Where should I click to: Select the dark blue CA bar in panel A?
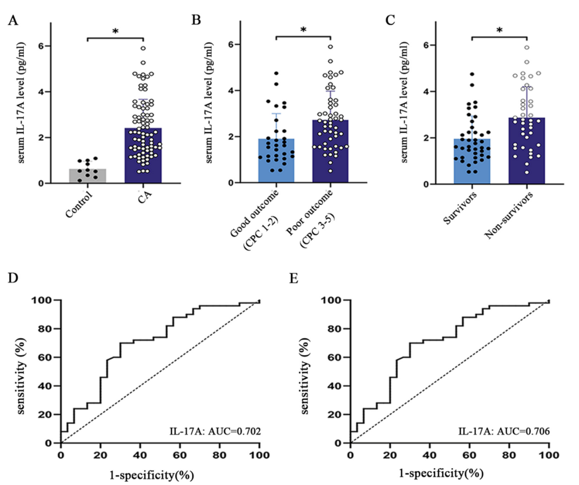point(143,155)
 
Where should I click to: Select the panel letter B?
point(196,20)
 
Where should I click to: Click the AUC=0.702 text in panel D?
point(215,431)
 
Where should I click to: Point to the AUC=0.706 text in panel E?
point(504,431)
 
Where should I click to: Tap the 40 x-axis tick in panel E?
point(430,455)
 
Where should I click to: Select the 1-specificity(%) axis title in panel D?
point(152,475)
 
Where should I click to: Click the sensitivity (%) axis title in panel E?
point(305,376)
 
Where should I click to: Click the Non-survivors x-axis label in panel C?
point(509,215)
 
